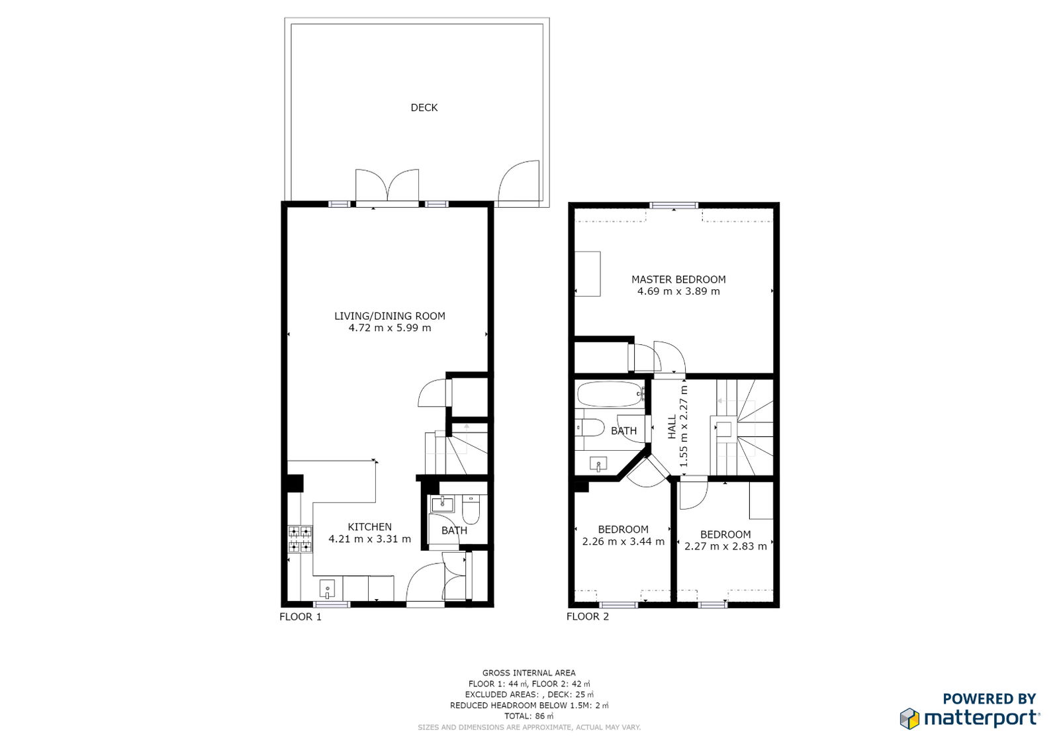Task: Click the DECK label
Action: coord(424,108)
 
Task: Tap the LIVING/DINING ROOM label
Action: coord(390,316)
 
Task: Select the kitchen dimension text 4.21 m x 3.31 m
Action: coord(370,539)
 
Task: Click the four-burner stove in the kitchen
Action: coord(300,539)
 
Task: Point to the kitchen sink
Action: coord(327,589)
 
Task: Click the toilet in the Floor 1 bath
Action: coord(471,509)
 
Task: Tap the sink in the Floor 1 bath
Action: coord(442,504)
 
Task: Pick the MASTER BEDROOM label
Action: coord(678,279)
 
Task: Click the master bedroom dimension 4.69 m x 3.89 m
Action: coord(678,291)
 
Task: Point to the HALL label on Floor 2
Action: coord(672,427)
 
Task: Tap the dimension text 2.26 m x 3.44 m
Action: coord(623,541)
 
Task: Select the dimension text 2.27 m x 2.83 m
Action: coord(725,547)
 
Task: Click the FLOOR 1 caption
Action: coord(300,617)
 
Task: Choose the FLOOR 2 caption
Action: coord(588,616)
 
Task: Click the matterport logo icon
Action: coord(909,719)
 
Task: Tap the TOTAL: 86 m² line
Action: coord(529,716)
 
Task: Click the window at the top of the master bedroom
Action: coord(674,205)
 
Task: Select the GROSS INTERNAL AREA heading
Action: coord(529,673)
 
